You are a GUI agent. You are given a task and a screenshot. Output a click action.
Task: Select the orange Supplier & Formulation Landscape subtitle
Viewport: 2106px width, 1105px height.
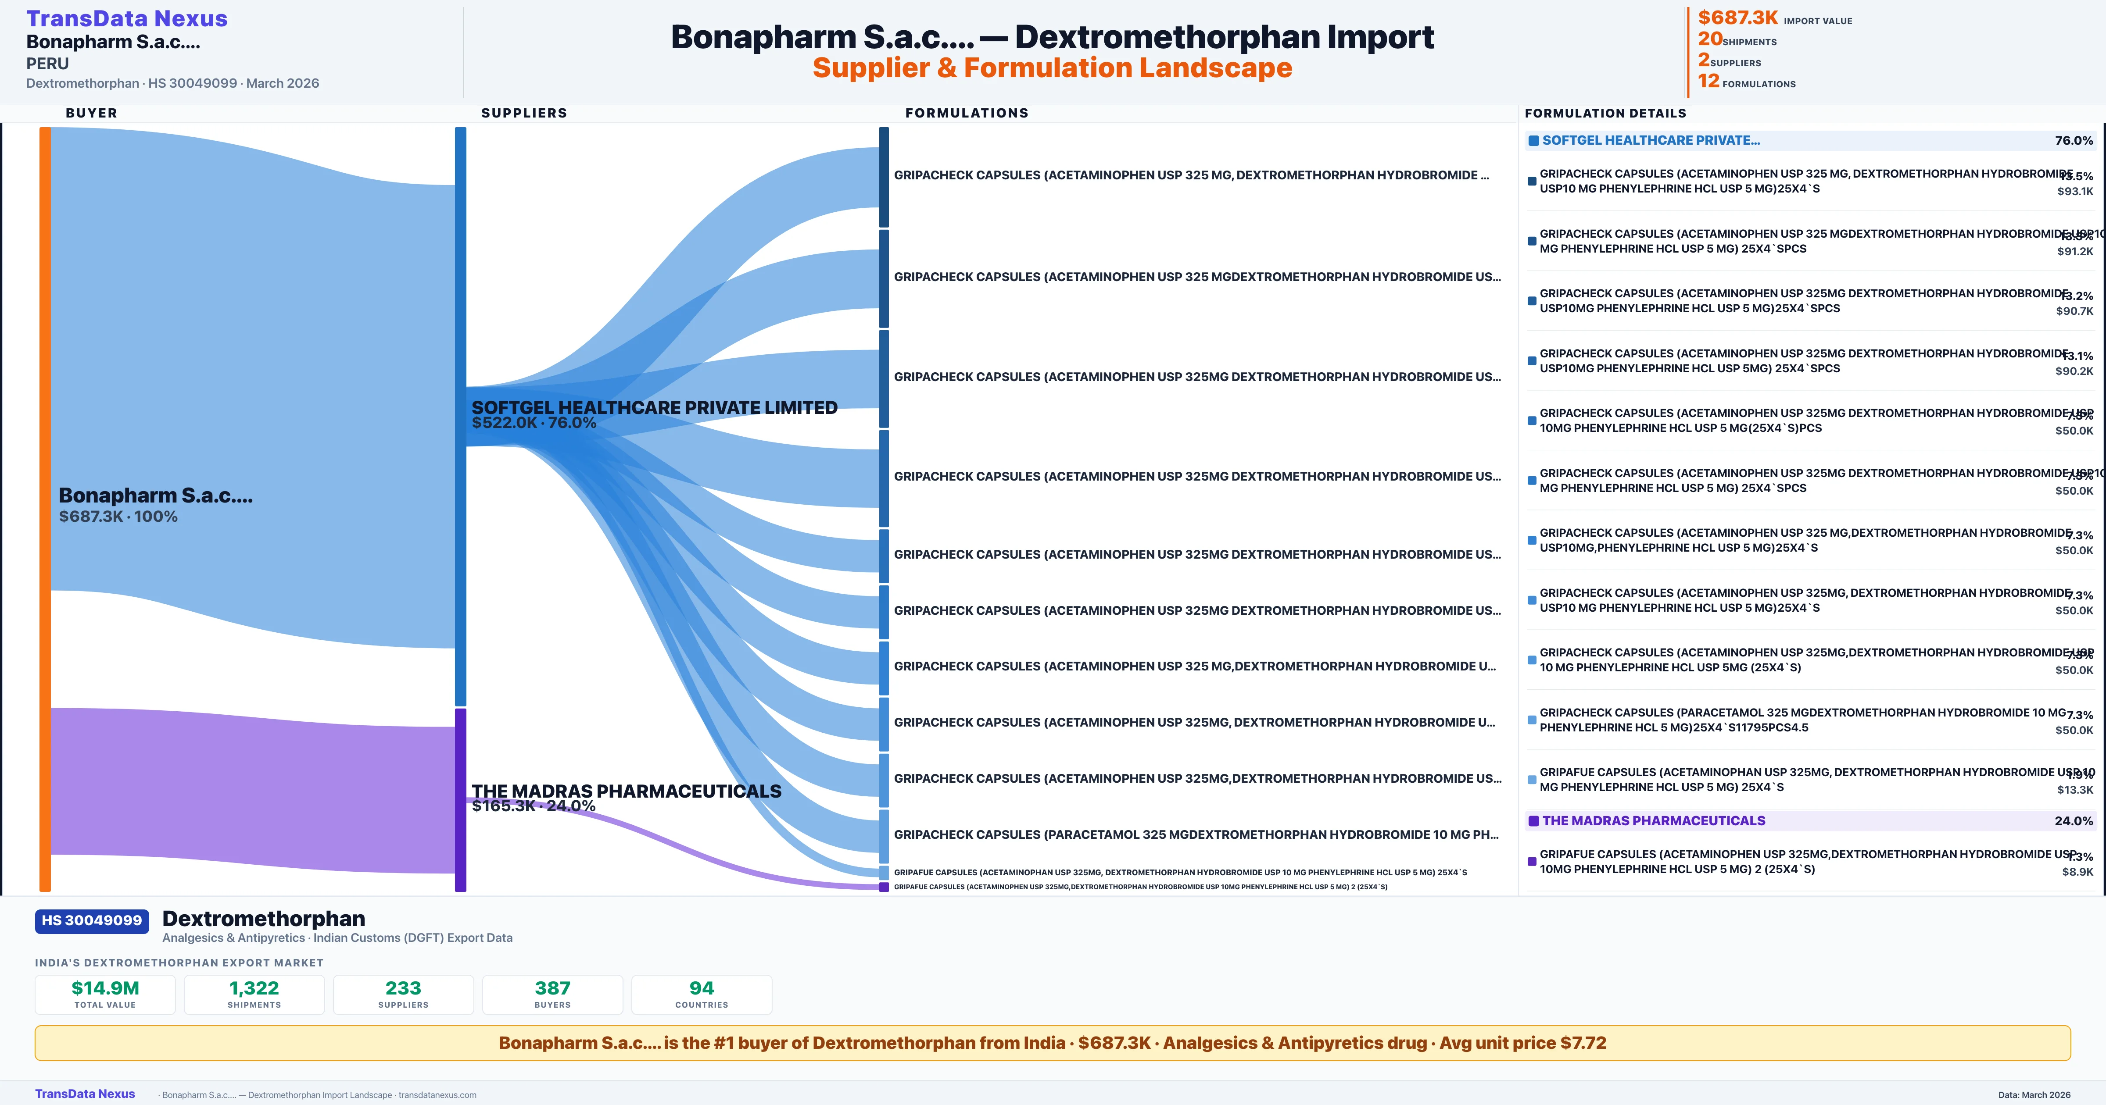[1052, 68]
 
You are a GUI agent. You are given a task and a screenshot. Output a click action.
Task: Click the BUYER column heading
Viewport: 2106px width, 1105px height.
[92, 113]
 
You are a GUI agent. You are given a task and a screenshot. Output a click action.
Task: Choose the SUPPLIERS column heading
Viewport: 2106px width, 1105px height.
[524, 113]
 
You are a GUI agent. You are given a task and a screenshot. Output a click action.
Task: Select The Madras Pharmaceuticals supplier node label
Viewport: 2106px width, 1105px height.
[626, 791]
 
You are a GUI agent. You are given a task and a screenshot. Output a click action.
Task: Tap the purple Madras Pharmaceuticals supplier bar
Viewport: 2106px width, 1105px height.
[460, 799]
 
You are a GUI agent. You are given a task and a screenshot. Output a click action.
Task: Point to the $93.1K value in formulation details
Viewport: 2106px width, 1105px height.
[2075, 191]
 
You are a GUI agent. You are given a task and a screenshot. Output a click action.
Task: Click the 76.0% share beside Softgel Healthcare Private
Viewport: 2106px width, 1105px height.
[2073, 141]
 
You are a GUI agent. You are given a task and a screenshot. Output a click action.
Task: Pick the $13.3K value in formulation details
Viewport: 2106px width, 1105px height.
[2075, 790]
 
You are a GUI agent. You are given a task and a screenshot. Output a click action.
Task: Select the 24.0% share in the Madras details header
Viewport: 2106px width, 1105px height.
[2073, 820]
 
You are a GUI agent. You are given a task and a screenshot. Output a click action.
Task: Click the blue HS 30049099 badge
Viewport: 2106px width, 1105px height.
[92, 920]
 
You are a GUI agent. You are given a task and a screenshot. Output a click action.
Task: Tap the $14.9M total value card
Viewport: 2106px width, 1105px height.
[105, 994]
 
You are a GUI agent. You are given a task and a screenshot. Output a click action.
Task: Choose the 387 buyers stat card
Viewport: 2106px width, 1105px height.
[553, 994]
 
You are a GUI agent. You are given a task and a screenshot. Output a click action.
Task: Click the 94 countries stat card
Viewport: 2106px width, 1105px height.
[702, 994]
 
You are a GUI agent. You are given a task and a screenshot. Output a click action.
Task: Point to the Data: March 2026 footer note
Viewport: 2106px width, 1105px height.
[2034, 1094]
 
